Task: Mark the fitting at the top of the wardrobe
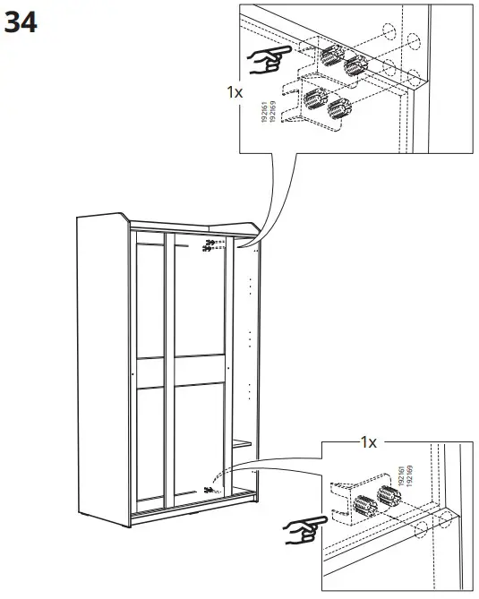211,245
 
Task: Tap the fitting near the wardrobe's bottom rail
210,489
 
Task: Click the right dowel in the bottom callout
389,494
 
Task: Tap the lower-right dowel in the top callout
338,108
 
